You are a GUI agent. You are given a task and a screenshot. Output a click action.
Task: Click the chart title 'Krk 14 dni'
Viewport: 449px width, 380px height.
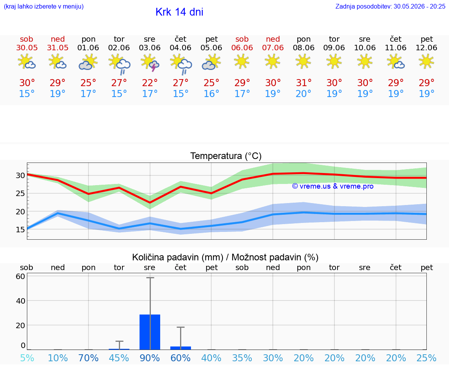point(180,12)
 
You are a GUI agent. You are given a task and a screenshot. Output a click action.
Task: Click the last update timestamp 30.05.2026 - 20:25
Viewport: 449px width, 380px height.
point(419,6)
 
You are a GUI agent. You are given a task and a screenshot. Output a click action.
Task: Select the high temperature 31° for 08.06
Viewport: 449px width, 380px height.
point(304,83)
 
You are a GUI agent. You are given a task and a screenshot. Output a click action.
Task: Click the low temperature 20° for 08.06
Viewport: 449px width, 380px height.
point(304,94)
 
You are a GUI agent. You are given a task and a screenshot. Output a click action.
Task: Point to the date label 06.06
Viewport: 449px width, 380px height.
point(242,48)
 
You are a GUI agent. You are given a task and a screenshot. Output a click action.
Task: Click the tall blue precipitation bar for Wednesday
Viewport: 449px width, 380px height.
point(150,332)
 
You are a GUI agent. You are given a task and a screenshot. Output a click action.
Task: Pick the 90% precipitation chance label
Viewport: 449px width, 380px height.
point(150,358)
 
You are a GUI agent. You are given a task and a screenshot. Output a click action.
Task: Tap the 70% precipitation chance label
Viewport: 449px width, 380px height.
point(88,358)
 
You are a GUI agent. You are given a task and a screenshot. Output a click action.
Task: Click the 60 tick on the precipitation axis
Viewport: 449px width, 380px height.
point(20,276)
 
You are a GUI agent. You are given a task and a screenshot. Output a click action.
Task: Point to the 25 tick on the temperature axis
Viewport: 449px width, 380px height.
point(20,193)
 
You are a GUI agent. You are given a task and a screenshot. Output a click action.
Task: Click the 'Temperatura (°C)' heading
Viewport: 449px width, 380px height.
point(226,156)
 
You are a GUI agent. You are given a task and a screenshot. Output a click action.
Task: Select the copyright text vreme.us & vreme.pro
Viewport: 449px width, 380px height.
point(333,186)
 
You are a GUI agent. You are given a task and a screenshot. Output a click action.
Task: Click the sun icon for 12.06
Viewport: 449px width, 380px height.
point(426,62)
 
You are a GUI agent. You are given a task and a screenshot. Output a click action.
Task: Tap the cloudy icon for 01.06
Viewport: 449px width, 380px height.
point(88,63)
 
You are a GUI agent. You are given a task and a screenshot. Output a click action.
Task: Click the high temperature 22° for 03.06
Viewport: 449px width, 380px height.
point(150,83)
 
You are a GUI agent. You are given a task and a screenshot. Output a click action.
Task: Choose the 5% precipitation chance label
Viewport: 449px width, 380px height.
point(27,358)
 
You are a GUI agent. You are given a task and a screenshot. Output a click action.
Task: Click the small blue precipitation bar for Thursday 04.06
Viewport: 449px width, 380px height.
point(181,348)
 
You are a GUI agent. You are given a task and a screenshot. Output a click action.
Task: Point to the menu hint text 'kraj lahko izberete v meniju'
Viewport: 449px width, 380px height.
point(44,6)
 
